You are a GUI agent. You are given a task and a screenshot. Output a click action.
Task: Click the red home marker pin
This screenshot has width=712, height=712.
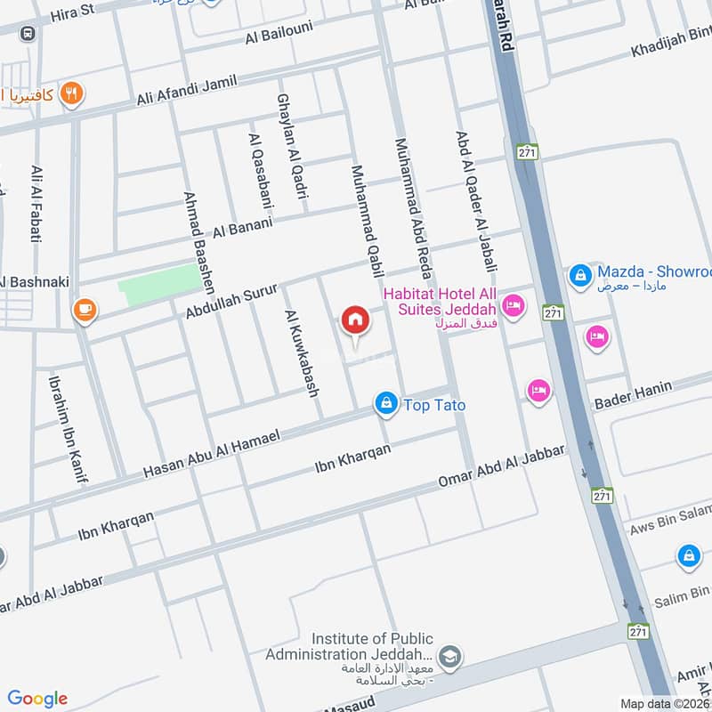[x=355, y=320]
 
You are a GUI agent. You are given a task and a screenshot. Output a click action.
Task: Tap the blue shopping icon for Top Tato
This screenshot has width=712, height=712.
[x=385, y=404]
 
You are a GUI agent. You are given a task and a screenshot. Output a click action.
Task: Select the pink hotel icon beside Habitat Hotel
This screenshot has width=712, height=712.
[x=514, y=307]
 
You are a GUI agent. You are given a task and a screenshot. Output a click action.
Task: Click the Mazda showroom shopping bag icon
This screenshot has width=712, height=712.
[x=580, y=275]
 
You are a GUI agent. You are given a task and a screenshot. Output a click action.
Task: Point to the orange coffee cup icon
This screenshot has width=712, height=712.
[x=85, y=309]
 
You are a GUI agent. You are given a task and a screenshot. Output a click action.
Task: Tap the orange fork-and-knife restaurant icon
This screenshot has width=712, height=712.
[x=74, y=93]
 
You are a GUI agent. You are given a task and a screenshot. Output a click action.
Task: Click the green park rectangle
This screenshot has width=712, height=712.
[x=160, y=284]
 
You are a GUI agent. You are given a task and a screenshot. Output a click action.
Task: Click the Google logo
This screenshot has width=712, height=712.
[x=37, y=698]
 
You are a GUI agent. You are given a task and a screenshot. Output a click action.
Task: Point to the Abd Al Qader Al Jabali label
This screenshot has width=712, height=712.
[x=476, y=201]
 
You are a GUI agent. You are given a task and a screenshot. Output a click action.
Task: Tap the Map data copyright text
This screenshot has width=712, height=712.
[x=665, y=703]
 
